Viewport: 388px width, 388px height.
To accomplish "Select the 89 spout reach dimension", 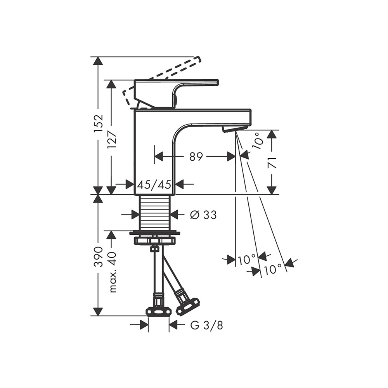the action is pos(196,156).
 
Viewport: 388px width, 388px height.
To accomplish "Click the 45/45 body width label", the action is pos(154,184).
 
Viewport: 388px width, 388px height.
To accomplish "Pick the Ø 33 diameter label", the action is pos(203,215).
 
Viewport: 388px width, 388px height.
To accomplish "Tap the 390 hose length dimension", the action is pos(99,256).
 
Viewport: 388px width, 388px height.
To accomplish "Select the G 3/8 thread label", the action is pos(207,326).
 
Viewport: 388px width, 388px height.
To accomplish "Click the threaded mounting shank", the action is pos(154,212).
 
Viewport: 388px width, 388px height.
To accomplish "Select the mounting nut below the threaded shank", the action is pos(155,240).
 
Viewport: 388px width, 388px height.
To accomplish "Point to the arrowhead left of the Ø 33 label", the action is pos(135,214).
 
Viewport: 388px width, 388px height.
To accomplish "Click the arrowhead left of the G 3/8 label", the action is pos(144,325).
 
